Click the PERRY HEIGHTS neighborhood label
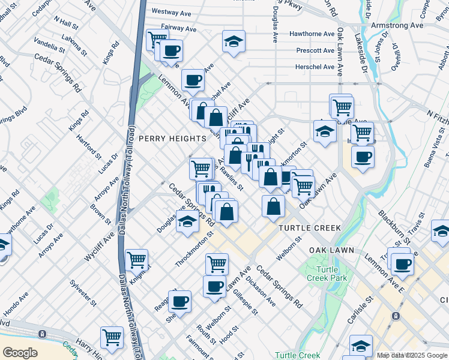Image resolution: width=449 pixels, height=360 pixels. (x=173, y=139)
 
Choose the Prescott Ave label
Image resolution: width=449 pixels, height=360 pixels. (x=315, y=50)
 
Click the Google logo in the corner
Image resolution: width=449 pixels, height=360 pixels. (x=20, y=353)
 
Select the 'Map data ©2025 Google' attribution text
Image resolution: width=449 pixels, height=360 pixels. (x=412, y=355)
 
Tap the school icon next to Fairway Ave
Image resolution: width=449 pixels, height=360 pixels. (x=234, y=42)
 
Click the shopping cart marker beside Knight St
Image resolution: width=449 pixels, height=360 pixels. (x=137, y=260)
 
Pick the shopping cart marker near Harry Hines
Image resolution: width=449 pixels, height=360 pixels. (x=112, y=337)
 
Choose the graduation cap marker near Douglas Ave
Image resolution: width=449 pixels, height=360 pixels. (x=187, y=222)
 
